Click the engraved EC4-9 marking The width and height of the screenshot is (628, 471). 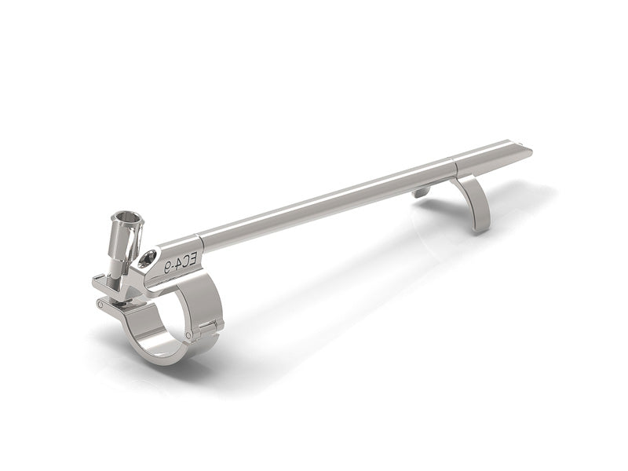(x=181, y=263)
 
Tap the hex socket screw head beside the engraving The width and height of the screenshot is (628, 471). (x=148, y=259)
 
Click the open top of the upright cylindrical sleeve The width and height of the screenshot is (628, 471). (x=127, y=218)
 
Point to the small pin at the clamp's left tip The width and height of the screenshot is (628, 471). (x=100, y=305)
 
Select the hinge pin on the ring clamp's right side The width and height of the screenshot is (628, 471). (x=188, y=335)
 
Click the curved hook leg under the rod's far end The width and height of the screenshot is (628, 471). (x=473, y=203)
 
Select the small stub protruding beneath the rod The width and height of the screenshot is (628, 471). (x=422, y=192)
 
